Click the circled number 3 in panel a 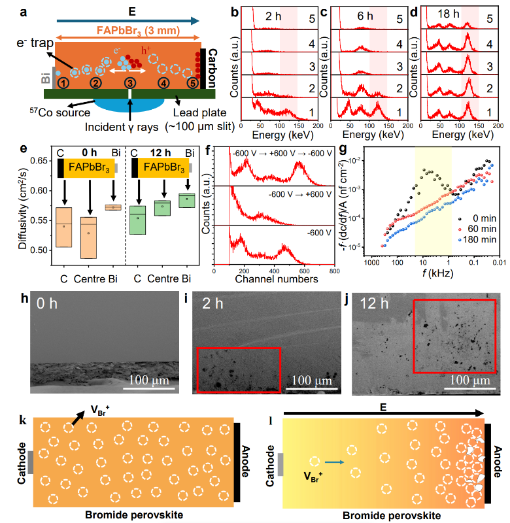[x=130, y=83]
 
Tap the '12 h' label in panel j [x=374, y=303]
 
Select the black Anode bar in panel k [x=237, y=459]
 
